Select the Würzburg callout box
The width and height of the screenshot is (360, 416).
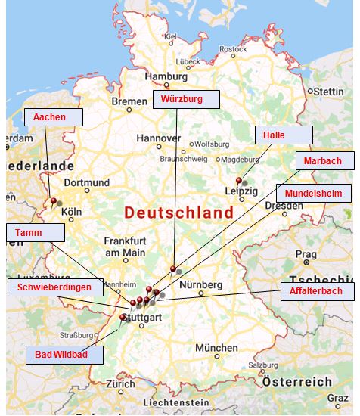click(x=186, y=99)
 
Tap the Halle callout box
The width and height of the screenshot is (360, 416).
click(x=284, y=135)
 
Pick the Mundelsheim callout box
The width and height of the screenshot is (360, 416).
click(x=313, y=193)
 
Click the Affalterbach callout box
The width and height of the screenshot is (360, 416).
click(x=316, y=291)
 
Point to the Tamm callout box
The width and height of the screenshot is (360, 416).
click(x=33, y=233)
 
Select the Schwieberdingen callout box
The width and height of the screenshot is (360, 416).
click(x=54, y=287)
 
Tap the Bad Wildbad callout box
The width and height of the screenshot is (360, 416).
click(x=65, y=354)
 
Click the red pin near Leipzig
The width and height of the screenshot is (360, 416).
click(x=239, y=181)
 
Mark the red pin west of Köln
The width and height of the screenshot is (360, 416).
click(x=53, y=201)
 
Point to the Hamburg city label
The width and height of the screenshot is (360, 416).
click(x=165, y=76)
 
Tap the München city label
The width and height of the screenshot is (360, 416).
click(x=216, y=348)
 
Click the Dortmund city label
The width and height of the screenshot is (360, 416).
click(x=87, y=182)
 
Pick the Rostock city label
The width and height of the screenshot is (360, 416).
click(x=233, y=49)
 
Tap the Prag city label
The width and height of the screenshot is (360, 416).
click(x=306, y=254)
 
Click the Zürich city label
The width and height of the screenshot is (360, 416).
click(x=120, y=383)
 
